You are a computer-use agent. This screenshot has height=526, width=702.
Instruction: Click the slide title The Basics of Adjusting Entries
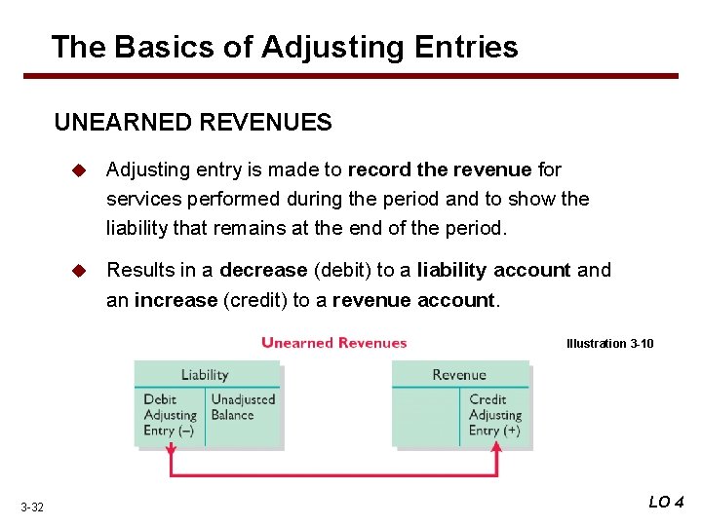click(284, 46)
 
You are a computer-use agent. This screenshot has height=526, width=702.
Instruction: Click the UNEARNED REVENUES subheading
click(193, 123)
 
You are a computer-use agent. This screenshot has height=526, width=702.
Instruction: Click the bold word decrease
click(262, 270)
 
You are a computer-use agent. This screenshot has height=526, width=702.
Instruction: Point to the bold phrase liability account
click(494, 270)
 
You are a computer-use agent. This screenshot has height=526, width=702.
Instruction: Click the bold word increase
click(176, 300)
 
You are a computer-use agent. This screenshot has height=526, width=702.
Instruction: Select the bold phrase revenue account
click(414, 300)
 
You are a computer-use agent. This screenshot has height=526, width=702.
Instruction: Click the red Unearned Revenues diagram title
click(333, 343)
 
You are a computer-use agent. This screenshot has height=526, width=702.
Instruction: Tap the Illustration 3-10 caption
click(610, 344)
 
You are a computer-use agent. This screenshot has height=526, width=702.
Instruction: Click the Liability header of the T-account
click(205, 375)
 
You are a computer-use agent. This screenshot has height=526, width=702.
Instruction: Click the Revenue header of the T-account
click(459, 375)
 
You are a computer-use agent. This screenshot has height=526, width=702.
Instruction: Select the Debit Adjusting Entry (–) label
click(171, 415)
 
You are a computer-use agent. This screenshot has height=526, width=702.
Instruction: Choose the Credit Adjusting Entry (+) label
click(495, 415)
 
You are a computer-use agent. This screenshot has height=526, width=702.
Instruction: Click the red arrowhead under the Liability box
click(172, 450)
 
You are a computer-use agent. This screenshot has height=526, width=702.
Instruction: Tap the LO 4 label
click(666, 502)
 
